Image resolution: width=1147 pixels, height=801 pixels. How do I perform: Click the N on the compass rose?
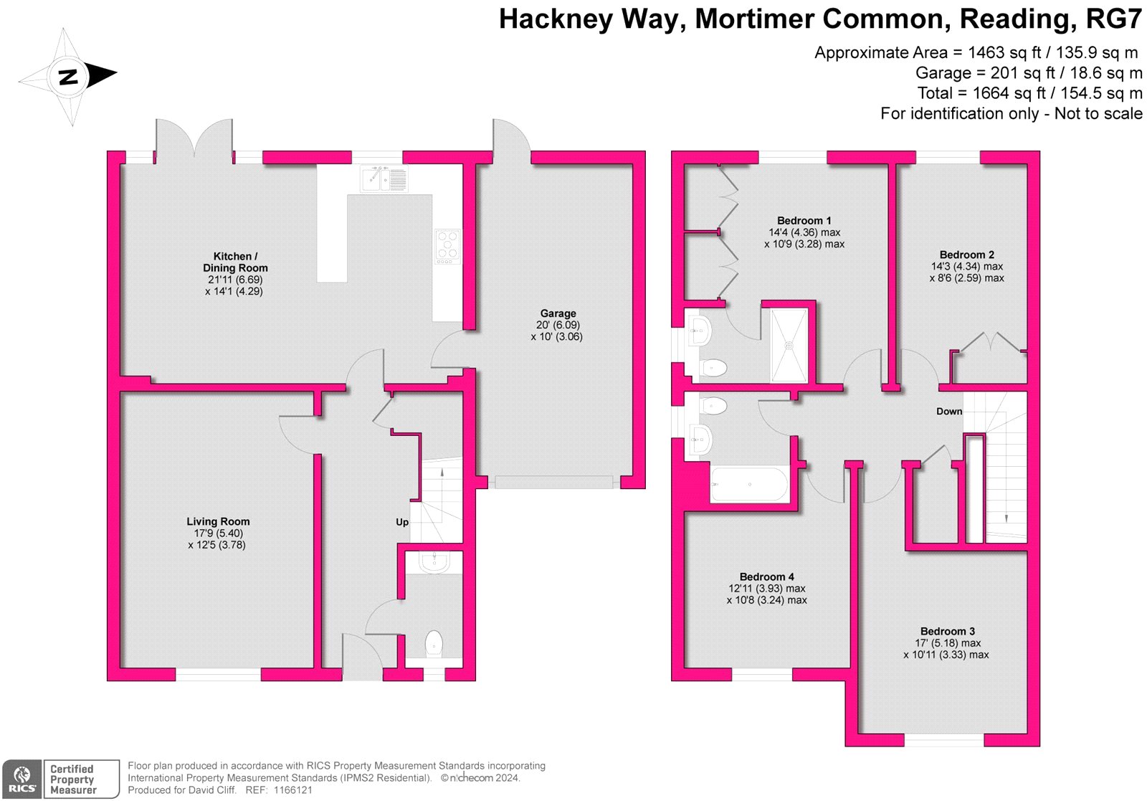pos(68,77)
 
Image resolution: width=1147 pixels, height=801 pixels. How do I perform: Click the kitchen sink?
pos(384,179)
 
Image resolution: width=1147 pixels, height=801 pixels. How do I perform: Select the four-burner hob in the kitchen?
pos(447,247)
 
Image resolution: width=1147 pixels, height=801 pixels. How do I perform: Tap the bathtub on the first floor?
pos(749,484)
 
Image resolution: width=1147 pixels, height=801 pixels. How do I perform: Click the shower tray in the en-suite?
pos(789,345)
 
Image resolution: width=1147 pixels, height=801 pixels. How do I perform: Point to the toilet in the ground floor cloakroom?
pos(434,644)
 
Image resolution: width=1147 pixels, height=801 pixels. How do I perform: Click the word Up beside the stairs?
pos(402,522)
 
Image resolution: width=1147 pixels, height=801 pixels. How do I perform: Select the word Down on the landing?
pos(949,411)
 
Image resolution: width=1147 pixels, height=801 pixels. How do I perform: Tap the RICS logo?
pos(22,779)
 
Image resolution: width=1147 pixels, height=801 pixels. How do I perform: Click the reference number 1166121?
pos(292,790)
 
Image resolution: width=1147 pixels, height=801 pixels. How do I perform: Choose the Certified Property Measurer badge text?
pos(72,779)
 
